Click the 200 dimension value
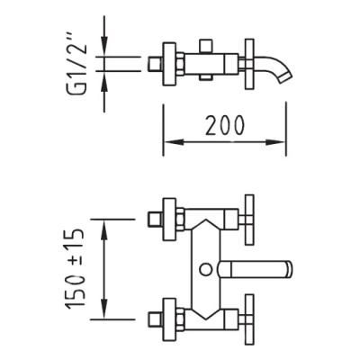point(225,125)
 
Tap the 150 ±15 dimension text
point(75,269)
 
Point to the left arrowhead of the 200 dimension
point(174,142)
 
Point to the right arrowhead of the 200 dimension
point(275,142)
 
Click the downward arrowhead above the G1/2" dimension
point(104,46)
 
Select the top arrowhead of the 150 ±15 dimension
point(104,229)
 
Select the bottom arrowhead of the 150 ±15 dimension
point(104,309)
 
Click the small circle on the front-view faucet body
point(206,269)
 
